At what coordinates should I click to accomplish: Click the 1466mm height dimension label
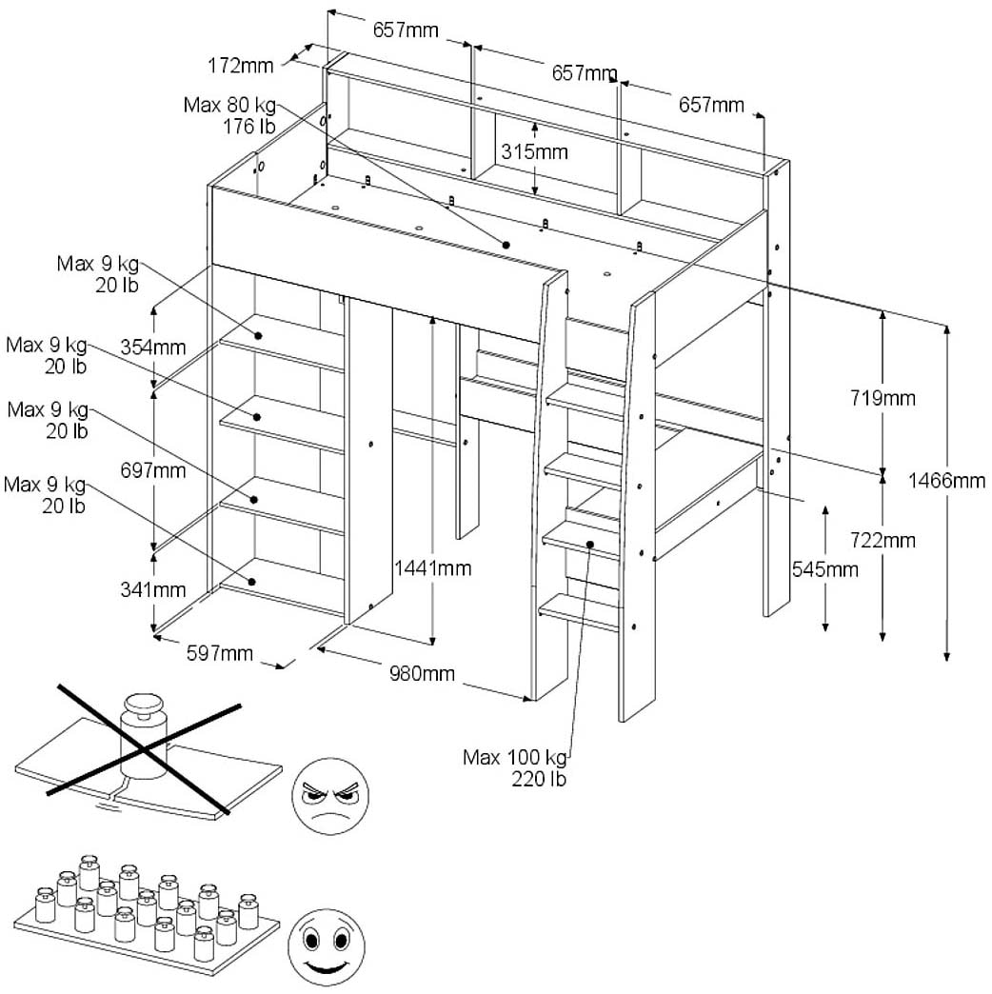tap(945, 481)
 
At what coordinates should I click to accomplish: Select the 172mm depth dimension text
tap(238, 66)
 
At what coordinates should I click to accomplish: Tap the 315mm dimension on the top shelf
tap(534, 151)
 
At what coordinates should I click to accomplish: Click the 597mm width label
tap(220, 653)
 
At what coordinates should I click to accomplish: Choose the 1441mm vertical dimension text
tap(433, 568)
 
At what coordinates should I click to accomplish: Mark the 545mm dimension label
tap(824, 569)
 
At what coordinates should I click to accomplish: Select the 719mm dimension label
tap(883, 397)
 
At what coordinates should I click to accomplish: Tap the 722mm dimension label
tap(883, 540)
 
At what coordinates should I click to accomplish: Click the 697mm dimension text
tap(153, 470)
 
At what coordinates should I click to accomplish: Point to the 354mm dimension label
tap(153, 347)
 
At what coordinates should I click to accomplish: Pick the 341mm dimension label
tap(153, 590)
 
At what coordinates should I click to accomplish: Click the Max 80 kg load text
tap(228, 104)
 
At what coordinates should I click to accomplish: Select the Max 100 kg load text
tap(514, 758)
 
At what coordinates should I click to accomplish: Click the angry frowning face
tap(329, 796)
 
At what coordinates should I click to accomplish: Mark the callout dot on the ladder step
tap(590, 546)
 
